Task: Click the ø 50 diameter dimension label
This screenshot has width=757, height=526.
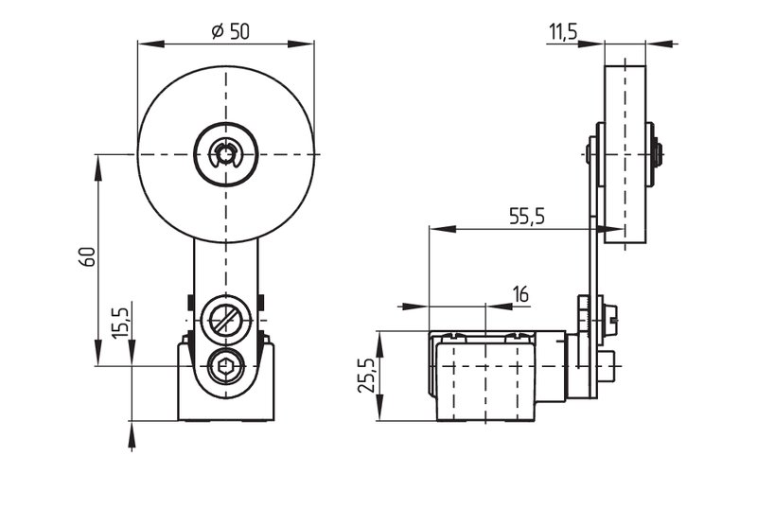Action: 231,31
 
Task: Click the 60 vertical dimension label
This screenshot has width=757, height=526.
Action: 87,256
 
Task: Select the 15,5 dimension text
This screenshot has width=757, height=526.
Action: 121,323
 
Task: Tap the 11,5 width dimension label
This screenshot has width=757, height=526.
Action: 563,31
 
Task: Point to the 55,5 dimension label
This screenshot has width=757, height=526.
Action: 527,217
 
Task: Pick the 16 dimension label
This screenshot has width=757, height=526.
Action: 521,294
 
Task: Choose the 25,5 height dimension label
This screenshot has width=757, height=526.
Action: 366,376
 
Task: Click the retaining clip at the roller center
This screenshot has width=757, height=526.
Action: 225,154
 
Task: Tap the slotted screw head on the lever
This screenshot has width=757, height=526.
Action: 226,320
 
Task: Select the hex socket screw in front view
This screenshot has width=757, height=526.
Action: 225,367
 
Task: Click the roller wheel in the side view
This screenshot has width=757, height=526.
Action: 625,154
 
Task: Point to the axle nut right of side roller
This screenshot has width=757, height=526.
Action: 657,154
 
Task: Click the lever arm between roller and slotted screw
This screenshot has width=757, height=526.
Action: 226,268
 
